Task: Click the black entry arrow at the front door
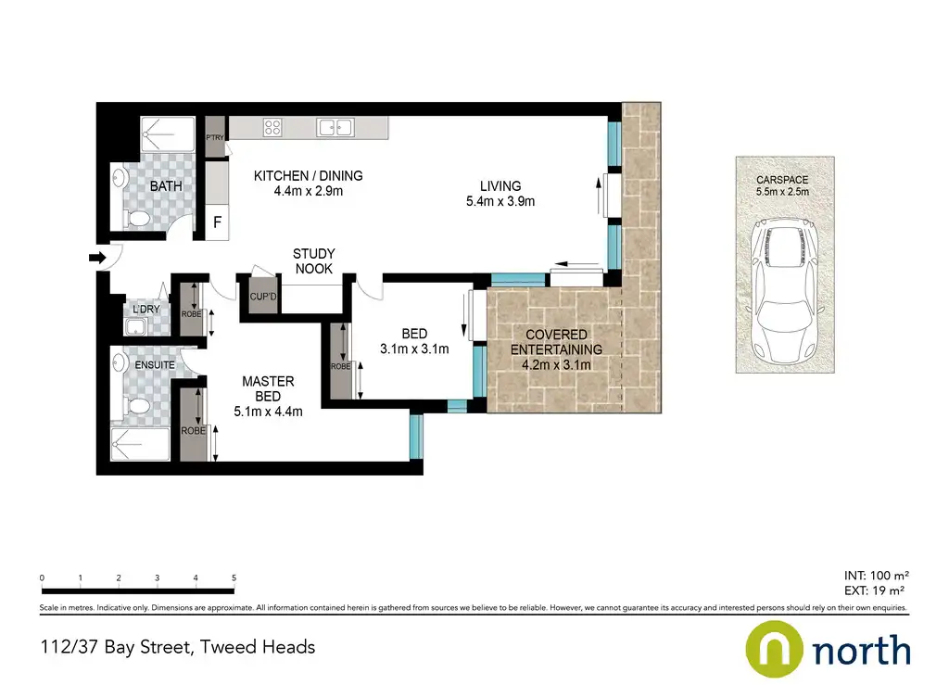pos(97,259)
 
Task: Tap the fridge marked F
pos(217,222)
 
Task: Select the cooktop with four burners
pos(272,127)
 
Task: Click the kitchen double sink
pos(335,128)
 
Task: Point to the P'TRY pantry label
pos(215,138)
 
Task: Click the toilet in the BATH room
pos(139,219)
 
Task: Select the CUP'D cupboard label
pos(263,297)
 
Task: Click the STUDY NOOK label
pos(313,261)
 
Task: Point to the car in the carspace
pos(785,292)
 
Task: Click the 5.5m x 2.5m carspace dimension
pos(782,192)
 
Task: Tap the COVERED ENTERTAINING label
pos(556,342)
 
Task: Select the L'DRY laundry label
pos(146,310)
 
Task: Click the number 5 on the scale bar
pos(234,577)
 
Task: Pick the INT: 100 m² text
pos(877,576)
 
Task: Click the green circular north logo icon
pos(774,649)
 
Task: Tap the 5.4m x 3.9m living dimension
pos(500,201)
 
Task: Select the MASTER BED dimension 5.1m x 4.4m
pos(268,412)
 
